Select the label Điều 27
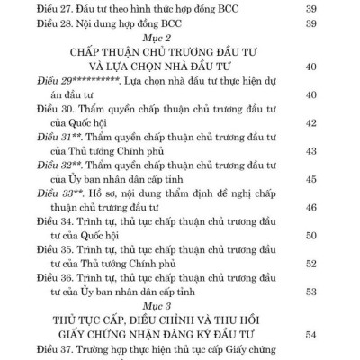point(40,10)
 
